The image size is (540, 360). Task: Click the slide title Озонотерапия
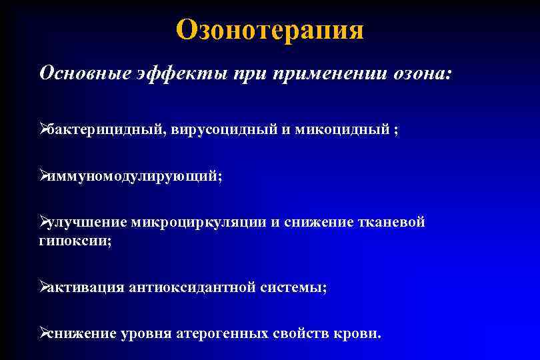coord(270,30)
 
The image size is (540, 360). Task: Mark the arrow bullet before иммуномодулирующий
coord(44,177)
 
